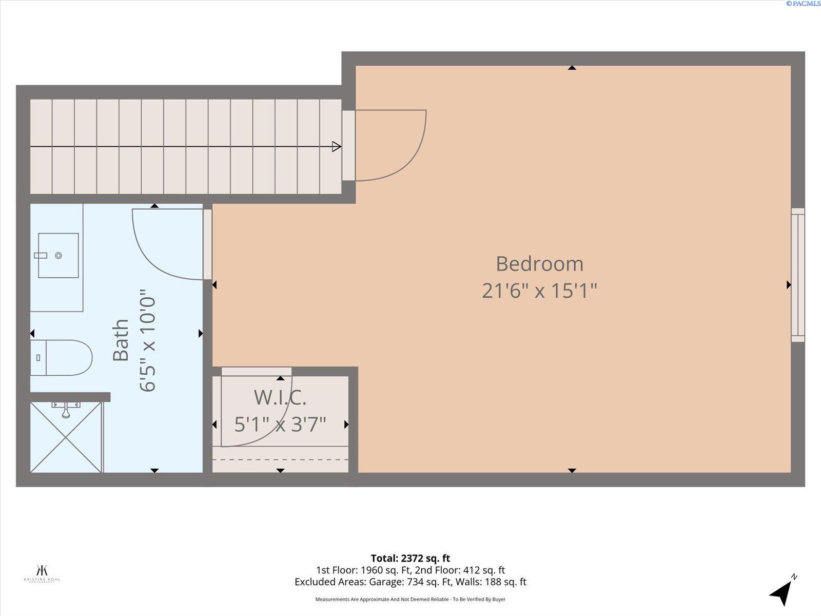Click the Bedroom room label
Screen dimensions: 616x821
coord(539,264)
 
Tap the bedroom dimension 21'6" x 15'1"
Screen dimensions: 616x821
coord(539,291)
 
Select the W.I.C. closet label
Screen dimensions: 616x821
coord(280,397)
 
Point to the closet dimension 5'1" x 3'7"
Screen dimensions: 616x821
coord(280,425)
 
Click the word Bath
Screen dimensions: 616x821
coord(121,340)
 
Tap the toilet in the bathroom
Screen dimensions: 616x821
coord(62,357)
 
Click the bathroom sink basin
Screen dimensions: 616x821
coord(58,255)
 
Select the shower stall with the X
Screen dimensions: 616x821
coord(66,437)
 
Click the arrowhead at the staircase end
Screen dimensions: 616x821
coord(337,147)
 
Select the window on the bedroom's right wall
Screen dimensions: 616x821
coord(797,275)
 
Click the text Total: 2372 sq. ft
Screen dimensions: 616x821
coord(410,558)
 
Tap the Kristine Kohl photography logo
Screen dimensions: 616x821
coord(42,572)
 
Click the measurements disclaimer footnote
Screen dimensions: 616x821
coord(410,599)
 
